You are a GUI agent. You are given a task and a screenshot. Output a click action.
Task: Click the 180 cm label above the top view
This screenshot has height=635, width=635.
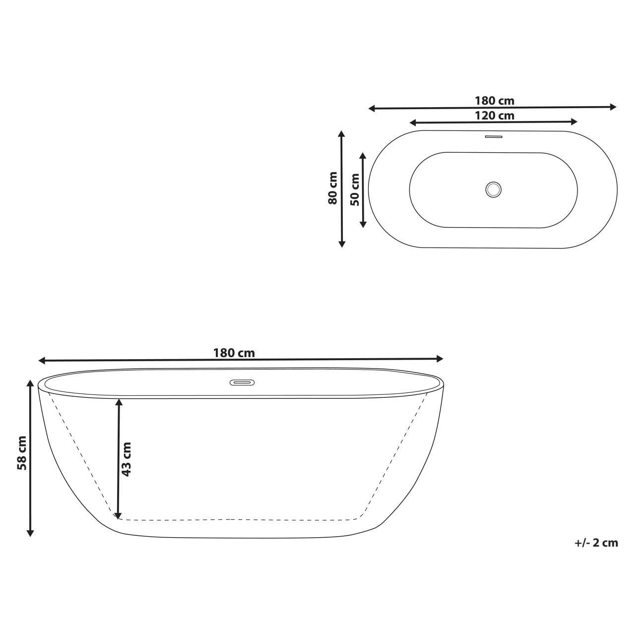tap(494, 101)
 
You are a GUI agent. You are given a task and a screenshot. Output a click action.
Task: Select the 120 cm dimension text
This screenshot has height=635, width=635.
tap(494, 116)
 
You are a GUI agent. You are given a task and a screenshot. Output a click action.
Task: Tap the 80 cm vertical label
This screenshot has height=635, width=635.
tap(332, 188)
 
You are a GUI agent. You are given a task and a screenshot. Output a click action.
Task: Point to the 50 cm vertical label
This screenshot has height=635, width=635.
tap(355, 190)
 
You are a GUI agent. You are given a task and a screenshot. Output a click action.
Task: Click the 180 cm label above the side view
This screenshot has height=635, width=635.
tap(234, 353)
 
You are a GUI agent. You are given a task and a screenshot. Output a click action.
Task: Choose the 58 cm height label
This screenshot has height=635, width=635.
tap(22, 453)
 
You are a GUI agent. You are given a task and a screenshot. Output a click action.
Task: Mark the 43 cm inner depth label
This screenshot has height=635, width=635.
tap(127, 459)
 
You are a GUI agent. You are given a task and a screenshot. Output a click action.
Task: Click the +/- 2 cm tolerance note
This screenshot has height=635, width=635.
tap(596, 543)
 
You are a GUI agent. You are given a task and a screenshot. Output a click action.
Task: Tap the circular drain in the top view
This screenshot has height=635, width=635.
tap(493, 189)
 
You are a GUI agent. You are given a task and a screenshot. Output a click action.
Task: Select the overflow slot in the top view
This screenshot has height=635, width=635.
tap(494, 136)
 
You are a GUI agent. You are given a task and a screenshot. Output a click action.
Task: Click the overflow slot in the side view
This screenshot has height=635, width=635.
tap(242, 382)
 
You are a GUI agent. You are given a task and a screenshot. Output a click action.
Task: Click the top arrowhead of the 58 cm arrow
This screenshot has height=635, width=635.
tap(30, 383)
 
